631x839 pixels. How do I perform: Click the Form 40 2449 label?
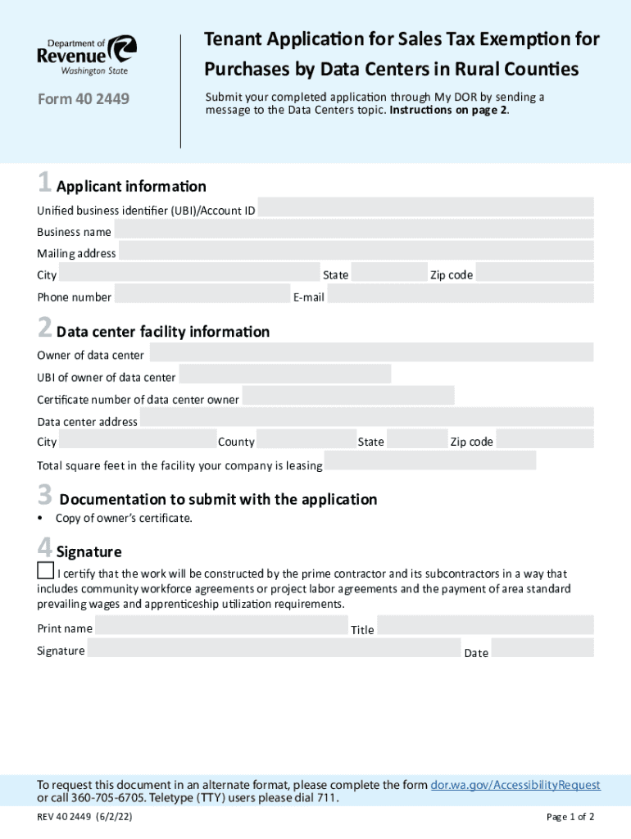click(x=83, y=100)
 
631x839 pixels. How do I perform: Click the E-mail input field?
click(x=460, y=295)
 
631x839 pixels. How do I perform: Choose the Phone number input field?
click(x=202, y=295)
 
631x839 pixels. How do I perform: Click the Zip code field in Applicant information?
click(x=534, y=273)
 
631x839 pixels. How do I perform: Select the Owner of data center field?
click(x=371, y=353)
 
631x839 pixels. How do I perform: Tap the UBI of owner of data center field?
click(x=284, y=375)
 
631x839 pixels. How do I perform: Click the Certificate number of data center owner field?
click(x=347, y=397)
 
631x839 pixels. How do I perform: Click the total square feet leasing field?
click(x=429, y=463)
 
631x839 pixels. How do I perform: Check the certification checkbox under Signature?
click(x=46, y=570)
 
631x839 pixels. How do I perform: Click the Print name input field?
click(x=221, y=627)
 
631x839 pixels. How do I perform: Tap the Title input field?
click(x=485, y=627)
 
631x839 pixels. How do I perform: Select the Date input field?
click(x=542, y=650)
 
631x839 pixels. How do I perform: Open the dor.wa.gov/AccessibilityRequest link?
click(x=515, y=785)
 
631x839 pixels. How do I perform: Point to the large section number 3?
click(x=44, y=496)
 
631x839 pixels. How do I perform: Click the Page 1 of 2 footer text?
click(x=570, y=817)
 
